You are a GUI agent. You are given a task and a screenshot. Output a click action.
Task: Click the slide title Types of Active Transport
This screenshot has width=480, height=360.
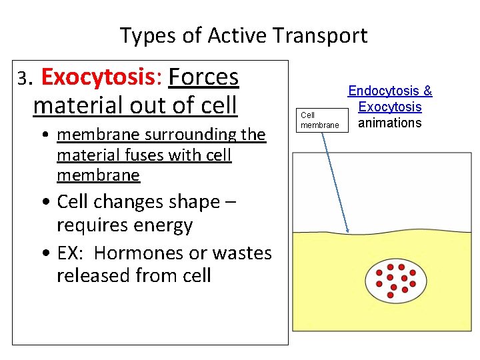coord(243,35)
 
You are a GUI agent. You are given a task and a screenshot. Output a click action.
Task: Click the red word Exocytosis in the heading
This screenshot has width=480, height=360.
coord(97,78)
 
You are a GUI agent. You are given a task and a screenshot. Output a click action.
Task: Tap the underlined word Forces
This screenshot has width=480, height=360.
coord(203,78)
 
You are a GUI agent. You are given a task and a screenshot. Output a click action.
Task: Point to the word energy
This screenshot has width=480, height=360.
coord(165,225)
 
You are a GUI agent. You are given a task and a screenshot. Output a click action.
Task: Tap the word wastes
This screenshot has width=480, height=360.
coord(242,253)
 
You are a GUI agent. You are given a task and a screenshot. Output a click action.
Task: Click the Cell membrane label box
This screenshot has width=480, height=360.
coord(320,120)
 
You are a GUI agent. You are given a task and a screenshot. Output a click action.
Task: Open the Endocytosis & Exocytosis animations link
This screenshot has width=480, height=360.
coord(390,107)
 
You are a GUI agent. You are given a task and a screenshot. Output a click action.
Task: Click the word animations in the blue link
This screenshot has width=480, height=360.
coord(390,123)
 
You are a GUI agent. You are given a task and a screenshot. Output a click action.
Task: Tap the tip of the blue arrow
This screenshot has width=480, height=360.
coord(349,231)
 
